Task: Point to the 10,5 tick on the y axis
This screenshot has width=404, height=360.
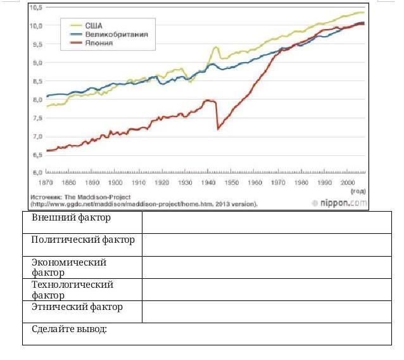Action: (36, 8)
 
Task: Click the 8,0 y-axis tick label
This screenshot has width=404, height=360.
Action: (36, 100)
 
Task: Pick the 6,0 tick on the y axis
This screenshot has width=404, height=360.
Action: (36, 172)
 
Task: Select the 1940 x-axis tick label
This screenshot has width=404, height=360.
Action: (208, 182)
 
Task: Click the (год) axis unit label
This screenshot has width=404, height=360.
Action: (358, 191)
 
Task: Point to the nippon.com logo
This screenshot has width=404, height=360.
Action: (339, 203)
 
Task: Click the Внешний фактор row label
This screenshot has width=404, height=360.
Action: (71, 218)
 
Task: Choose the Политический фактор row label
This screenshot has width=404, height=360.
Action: (83, 240)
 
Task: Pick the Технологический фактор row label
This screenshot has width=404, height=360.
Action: (72, 290)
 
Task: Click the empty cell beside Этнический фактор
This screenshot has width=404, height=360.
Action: (267, 311)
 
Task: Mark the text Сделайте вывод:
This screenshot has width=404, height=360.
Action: (70, 330)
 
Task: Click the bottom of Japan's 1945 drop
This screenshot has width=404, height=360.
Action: (218, 129)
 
